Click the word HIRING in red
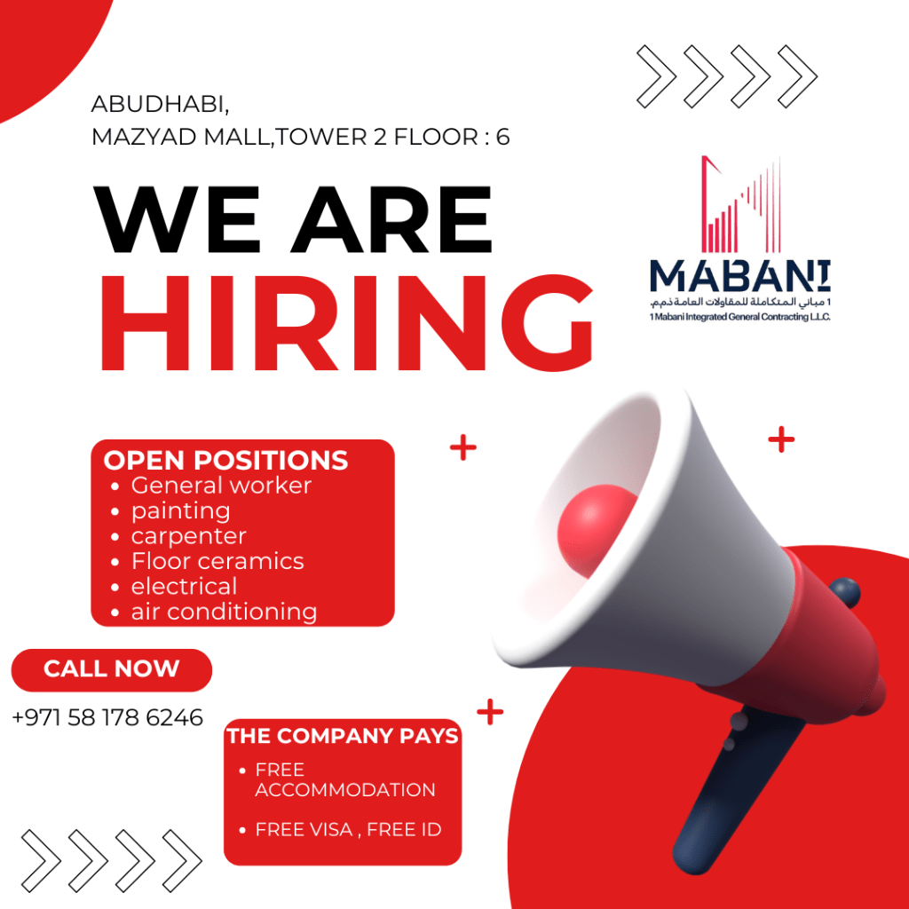coord(347,322)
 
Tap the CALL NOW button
coord(111,669)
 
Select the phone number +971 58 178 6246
coord(107,717)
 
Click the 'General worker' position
coord(221,486)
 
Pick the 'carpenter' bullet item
coord(188,537)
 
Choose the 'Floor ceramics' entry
coord(217,561)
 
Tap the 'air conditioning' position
coord(224,613)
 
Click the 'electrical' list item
coord(184,587)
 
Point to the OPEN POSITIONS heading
coord(225,461)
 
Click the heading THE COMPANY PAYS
coord(342,736)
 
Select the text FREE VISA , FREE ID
coord(348,830)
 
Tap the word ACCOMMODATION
coord(345,789)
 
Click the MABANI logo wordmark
coord(739,276)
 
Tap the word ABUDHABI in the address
coord(160,105)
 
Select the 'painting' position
coord(180,511)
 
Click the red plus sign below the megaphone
coord(490,712)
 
